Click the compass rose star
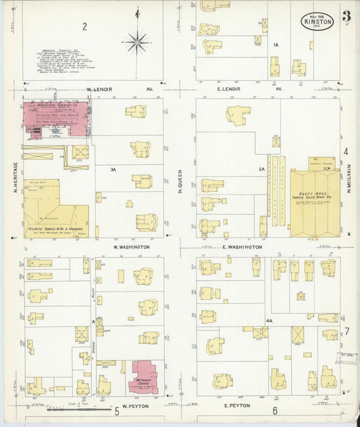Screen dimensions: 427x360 tap(137, 42)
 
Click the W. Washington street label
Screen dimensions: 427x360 tap(130, 247)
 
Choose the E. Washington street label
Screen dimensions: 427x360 tap(242, 247)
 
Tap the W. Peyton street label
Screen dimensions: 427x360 tap(135, 405)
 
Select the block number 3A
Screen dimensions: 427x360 tap(113, 170)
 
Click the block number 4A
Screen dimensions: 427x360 tap(269, 320)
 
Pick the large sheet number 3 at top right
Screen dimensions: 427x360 tap(346, 16)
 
